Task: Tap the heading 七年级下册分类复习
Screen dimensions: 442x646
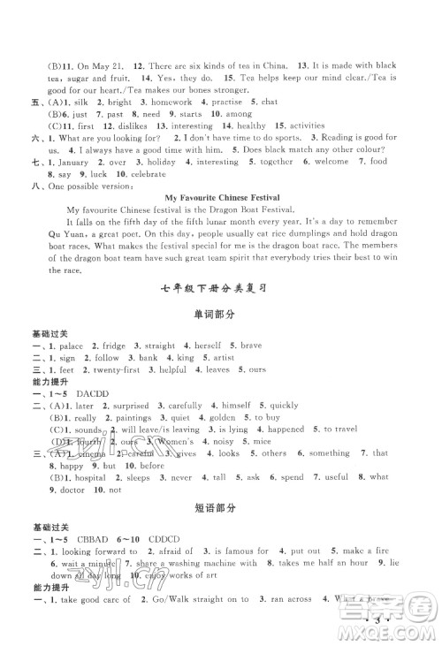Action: coord(221,286)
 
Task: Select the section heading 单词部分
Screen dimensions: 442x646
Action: coord(221,313)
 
